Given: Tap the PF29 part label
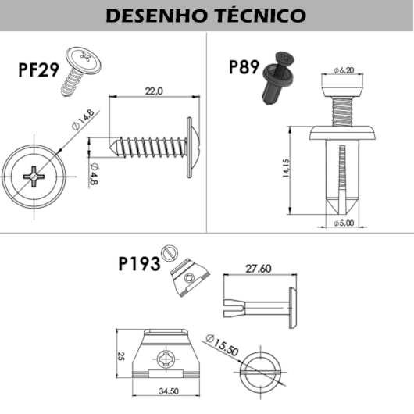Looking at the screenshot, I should tap(38, 70).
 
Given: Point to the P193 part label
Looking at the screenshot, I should tap(139, 264).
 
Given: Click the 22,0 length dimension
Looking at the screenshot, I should tap(154, 91).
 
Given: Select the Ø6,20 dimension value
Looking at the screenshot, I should tap(344, 70).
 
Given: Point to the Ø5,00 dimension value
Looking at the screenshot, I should tap(343, 223).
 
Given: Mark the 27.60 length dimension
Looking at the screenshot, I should tap(259, 268).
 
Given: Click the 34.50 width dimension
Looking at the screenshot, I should tap(169, 390).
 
